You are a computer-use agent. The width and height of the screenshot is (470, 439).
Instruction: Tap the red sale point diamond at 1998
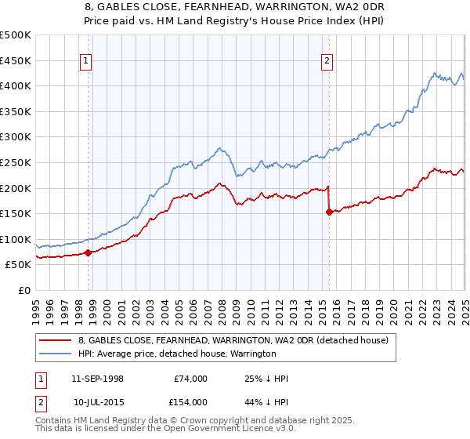point(88,252)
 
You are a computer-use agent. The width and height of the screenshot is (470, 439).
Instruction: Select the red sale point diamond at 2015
point(329,212)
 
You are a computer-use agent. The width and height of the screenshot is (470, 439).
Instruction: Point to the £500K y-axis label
point(16,35)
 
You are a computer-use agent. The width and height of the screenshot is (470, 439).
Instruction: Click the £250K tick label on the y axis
point(16,162)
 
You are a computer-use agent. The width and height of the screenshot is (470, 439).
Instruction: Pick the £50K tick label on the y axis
point(19,265)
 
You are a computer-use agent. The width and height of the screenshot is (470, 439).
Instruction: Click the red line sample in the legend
point(55,340)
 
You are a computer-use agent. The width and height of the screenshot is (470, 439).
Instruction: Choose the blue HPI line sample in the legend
point(55,354)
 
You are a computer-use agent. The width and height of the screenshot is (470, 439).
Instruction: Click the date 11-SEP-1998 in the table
point(98,379)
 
